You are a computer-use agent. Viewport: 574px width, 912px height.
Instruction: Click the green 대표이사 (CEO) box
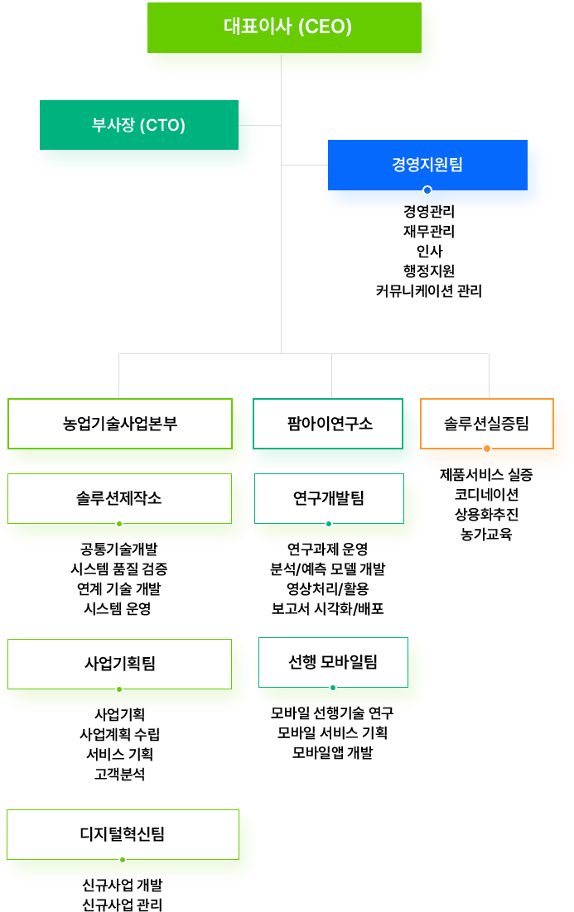pyautogui.click(x=284, y=27)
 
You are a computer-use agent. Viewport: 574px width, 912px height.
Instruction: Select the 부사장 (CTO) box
pyautogui.click(x=139, y=125)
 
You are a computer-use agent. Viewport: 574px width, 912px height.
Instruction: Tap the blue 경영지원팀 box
pyautogui.click(x=427, y=165)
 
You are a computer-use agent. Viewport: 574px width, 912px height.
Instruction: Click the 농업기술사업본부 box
pyautogui.click(x=120, y=424)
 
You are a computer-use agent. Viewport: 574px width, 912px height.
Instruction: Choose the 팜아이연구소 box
pyautogui.click(x=328, y=424)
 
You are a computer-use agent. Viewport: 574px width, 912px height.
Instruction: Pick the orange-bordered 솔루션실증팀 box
pyautogui.click(x=487, y=424)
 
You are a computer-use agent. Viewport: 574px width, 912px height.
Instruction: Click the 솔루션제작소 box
pyautogui.click(x=119, y=498)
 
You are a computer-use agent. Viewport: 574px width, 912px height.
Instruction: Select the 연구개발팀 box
pyautogui.click(x=329, y=498)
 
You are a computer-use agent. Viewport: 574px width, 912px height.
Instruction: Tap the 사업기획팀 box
pyautogui.click(x=119, y=664)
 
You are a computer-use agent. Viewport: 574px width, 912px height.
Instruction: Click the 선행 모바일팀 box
pyautogui.click(x=333, y=662)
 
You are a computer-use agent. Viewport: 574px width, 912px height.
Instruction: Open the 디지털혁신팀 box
pyautogui.click(x=123, y=835)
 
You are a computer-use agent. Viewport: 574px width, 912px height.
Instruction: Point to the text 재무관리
pyautogui.click(x=429, y=232)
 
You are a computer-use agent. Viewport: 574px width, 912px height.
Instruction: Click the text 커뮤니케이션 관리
pyautogui.click(x=429, y=290)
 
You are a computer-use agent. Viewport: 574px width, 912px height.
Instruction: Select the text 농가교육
pyautogui.click(x=486, y=534)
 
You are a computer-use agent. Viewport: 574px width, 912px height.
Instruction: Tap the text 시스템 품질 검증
pyautogui.click(x=118, y=569)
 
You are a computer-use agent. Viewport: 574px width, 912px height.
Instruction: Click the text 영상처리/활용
pyautogui.click(x=328, y=588)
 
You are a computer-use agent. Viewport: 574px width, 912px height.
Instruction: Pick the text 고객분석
pyautogui.click(x=119, y=774)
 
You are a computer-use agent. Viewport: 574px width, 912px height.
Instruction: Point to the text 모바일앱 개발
pyautogui.click(x=332, y=752)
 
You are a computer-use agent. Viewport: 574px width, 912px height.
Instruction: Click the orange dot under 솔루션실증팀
pyautogui.click(x=487, y=449)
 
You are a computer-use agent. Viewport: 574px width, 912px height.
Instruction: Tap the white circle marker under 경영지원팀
pyautogui.click(x=427, y=190)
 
